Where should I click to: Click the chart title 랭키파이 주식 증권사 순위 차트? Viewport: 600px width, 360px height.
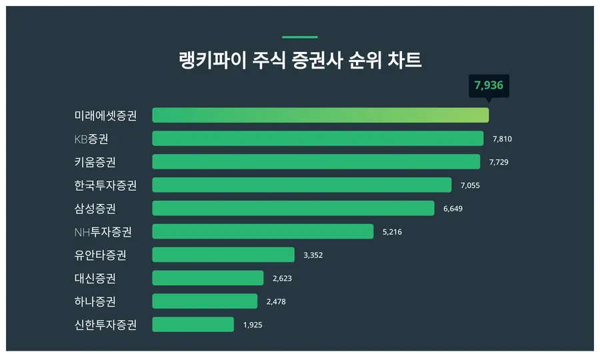(300, 61)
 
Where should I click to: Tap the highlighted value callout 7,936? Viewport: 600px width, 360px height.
(489, 85)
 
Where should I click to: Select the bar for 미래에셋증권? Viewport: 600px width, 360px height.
(320, 115)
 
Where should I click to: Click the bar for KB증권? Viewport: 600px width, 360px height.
(317, 139)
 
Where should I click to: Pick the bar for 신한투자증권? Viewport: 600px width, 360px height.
(193, 325)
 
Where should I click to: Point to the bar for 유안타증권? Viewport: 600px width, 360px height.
(223, 255)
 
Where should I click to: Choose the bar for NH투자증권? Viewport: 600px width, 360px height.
(263, 231)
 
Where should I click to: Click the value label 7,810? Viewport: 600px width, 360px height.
(502, 139)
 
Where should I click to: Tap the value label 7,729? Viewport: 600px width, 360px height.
(499, 162)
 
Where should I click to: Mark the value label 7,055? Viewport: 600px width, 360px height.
(470, 185)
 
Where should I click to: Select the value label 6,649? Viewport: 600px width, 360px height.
(453, 209)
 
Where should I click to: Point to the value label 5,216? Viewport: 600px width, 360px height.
(392, 232)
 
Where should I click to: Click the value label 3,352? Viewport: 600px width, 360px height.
(313, 255)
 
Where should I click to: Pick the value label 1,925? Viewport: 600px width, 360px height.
(253, 325)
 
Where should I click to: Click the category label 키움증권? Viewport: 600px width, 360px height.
(95, 162)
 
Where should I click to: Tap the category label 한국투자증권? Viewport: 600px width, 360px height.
(106, 185)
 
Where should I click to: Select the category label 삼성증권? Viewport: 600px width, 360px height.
(95, 209)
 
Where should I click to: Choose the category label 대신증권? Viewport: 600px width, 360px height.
(95, 278)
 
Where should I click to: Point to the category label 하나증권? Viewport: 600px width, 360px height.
(95, 301)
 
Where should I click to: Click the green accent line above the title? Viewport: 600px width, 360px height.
(300, 37)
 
